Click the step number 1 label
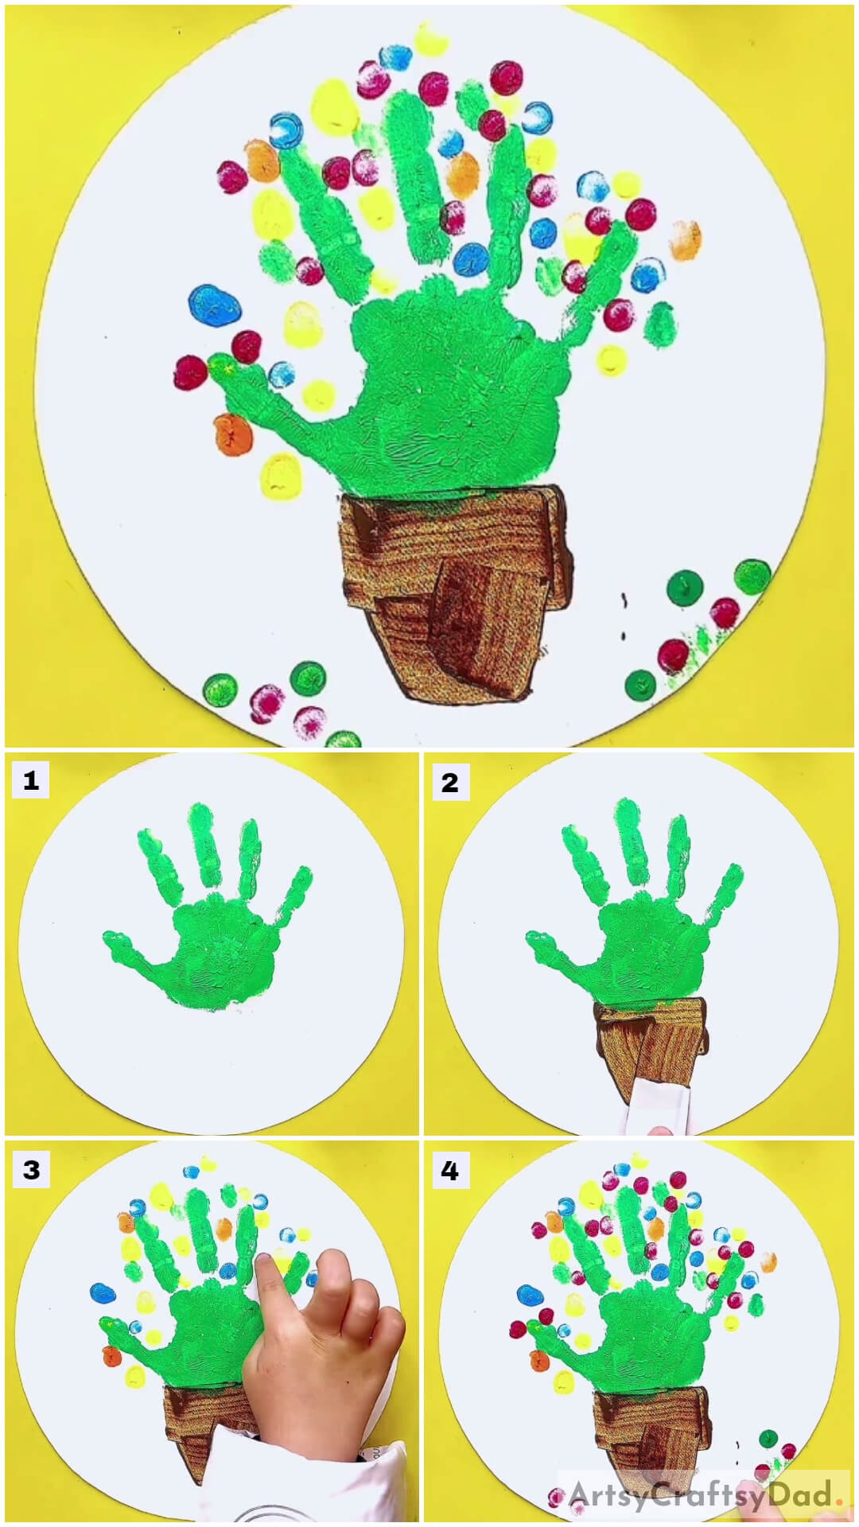click(30, 781)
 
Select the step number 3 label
click(30, 1170)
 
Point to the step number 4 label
click(449, 1171)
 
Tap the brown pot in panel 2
click(648, 1034)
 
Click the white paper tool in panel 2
click(656, 1102)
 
